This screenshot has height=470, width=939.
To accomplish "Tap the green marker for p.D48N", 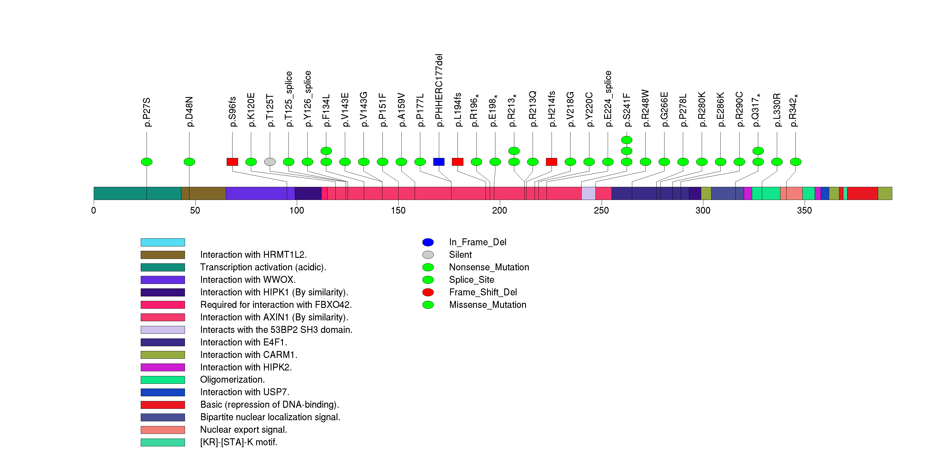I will click(x=189, y=162).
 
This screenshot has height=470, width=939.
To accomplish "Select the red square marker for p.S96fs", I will click(x=232, y=162).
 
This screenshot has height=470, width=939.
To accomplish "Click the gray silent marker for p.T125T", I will click(x=270, y=162).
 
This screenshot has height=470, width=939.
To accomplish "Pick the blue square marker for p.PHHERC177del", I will click(x=439, y=162).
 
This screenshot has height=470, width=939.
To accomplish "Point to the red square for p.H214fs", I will click(x=552, y=162).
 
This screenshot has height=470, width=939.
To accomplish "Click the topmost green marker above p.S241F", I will click(x=627, y=140).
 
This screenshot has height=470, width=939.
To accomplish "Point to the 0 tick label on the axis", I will click(x=94, y=211).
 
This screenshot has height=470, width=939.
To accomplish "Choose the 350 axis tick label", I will click(x=804, y=211).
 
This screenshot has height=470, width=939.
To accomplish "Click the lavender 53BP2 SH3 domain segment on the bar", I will click(x=588, y=194).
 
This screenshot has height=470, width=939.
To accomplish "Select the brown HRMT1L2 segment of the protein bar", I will click(x=203, y=194).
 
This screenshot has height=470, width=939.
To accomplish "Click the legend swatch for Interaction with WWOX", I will click(x=163, y=280).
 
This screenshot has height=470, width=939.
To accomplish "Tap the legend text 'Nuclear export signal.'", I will click(x=243, y=430).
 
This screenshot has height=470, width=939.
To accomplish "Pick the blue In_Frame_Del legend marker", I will click(x=428, y=242).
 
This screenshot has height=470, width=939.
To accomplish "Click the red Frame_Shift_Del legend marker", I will click(x=428, y=292).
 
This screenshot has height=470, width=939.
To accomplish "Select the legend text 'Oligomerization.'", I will click(x=232, y=380).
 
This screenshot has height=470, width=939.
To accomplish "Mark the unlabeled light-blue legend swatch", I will click(x=163, y=242).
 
